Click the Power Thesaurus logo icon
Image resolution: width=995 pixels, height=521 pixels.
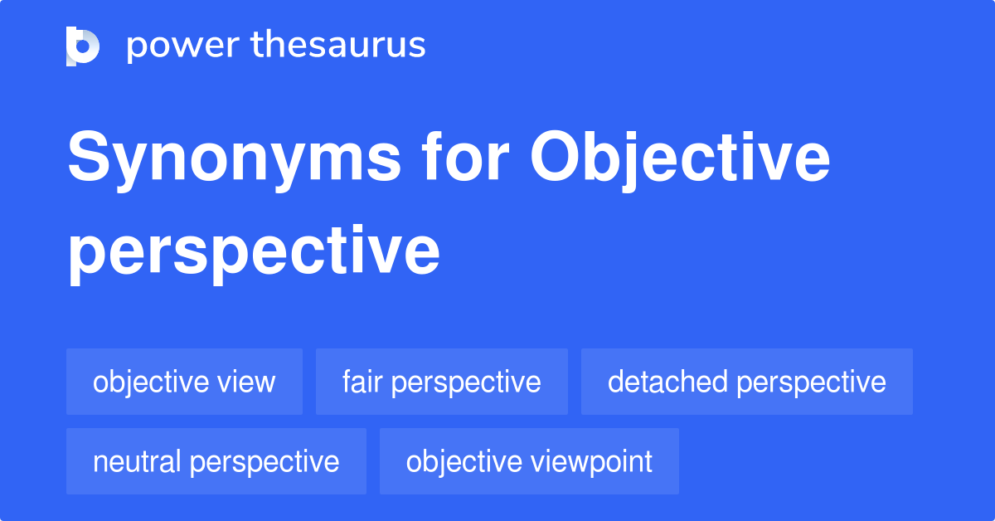(83, 46)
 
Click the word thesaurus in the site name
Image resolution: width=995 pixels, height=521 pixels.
(338, 46)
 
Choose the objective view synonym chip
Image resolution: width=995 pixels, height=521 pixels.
(184, 382)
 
